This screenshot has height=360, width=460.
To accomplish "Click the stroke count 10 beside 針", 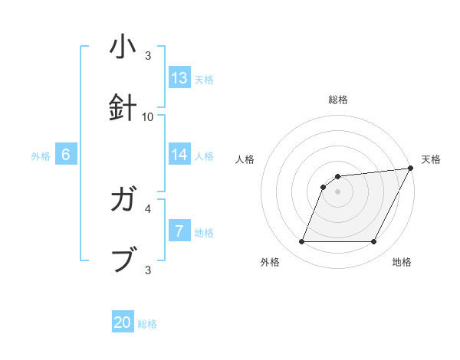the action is coord(148,117).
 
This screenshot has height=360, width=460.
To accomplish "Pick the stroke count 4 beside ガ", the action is coord(148,208).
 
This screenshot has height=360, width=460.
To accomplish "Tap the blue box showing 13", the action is coord(179,78).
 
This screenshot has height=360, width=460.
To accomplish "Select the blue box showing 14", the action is coord(179,155).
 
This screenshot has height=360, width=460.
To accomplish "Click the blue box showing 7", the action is coord(179,231).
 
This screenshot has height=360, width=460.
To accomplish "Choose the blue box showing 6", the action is coord(66,155).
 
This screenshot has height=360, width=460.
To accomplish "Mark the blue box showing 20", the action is coord(123,322).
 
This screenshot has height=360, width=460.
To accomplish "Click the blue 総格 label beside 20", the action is coord(147,324).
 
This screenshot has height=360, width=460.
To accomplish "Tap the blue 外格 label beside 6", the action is coord(41,156).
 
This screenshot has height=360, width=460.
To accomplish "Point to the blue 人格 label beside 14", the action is coord(204,156).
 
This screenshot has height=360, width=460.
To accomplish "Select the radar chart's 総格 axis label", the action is coord(337,100).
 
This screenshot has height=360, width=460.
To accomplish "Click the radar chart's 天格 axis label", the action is coord(431,159).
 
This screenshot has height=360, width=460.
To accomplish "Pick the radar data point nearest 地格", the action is coord(373,242).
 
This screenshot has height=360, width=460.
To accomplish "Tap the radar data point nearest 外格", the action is coord(301,242).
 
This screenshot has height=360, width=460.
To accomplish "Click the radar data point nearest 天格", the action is coord(412,169).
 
